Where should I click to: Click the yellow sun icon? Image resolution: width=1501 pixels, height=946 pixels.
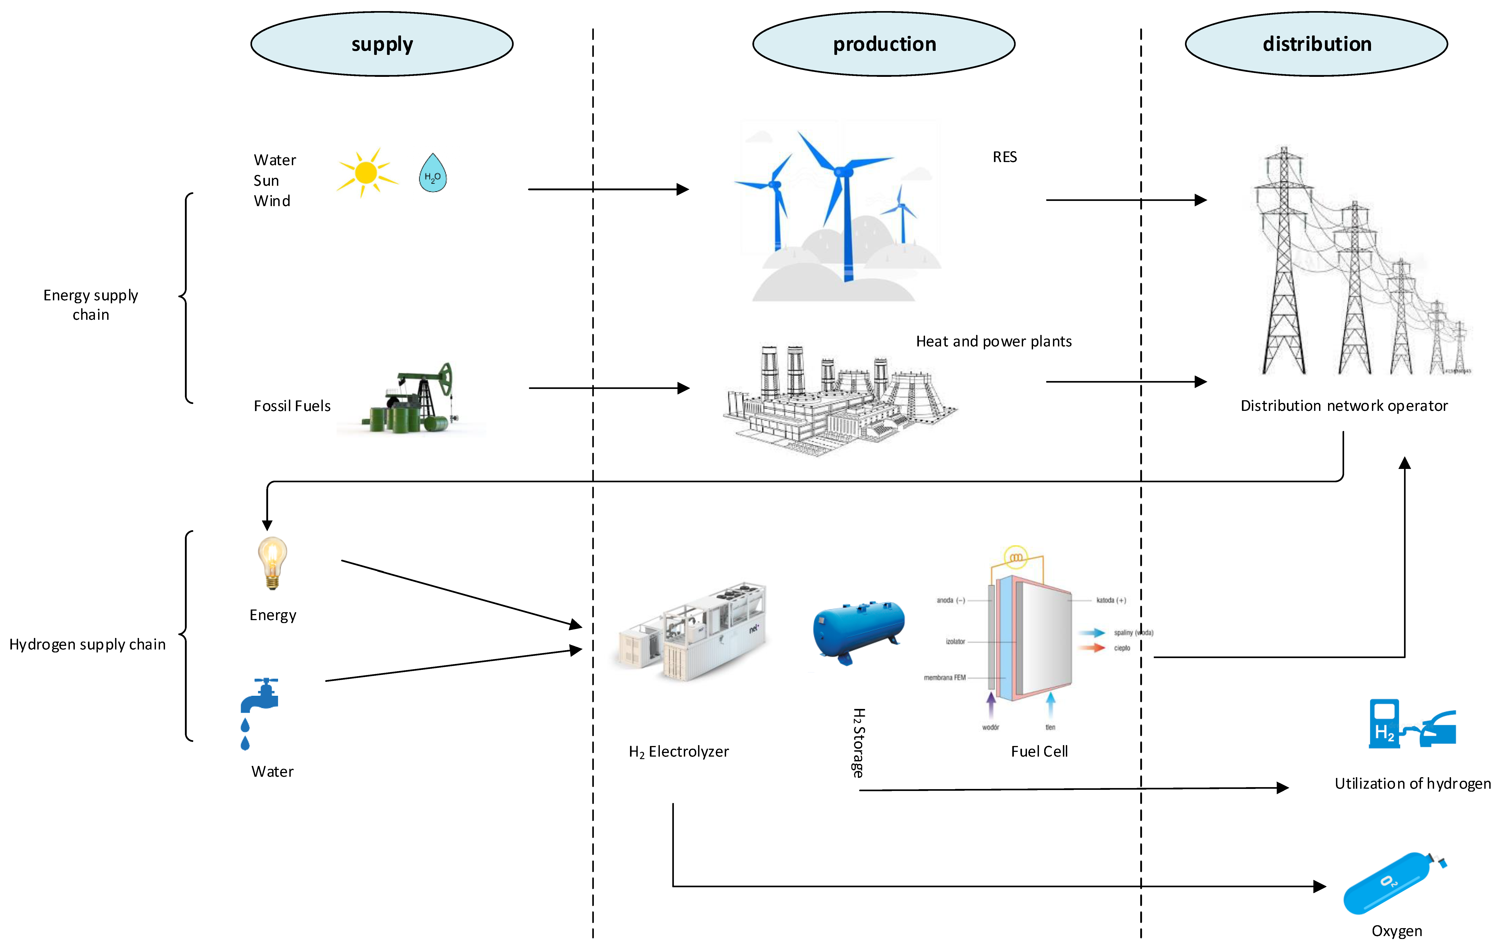click(x=366, y=173)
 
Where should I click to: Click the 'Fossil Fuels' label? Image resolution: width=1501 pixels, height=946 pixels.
click(x=292, y=406)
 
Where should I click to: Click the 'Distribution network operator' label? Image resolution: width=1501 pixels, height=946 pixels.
click(x=1344, y=406)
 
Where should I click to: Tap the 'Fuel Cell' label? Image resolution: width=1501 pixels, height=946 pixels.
click(x=1039, y=752)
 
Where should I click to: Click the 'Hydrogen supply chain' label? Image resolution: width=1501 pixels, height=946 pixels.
click(x=87, y=644)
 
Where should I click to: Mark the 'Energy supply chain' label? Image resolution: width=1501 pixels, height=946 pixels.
click(x=91, y=305)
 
